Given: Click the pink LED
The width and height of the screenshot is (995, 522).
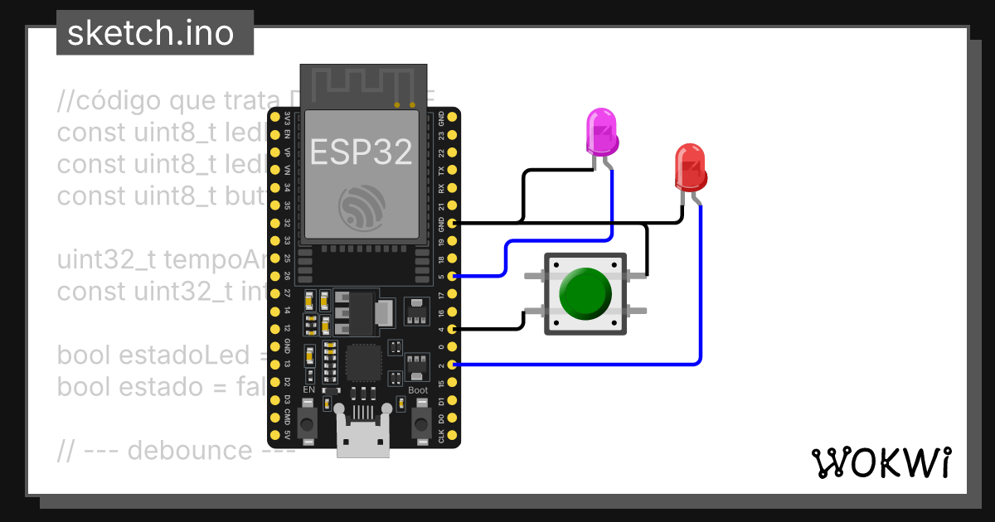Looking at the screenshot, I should click(x=602, y=133).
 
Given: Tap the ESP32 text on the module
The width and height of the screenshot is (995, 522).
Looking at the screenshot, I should click(x=362, y=151).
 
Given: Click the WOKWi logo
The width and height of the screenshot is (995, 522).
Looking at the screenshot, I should click(x=881, y=462).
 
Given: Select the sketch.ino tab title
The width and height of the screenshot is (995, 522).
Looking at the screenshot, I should click(x=149, y=33).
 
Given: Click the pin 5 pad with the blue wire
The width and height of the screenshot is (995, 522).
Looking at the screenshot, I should click(x=452, y=276).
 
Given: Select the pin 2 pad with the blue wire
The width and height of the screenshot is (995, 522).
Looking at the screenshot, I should click(x=452, y=365).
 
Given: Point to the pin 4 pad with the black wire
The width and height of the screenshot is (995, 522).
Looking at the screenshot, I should click(x=452, y=329).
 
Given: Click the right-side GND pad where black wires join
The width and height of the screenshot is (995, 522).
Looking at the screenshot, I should click(x=452, y=223).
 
